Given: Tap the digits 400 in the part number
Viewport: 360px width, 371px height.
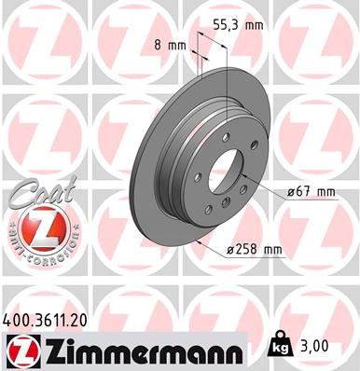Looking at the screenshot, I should tap(21, 320).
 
